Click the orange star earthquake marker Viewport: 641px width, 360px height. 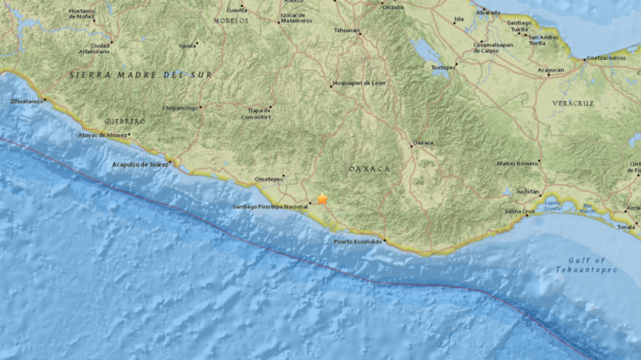pyautogui.click(x=322, y=199)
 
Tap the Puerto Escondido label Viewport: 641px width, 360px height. pyautogui.click(x=357, y=242)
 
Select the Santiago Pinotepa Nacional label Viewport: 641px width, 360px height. pyautogui.click(x=270, y=206)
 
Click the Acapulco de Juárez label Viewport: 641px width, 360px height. pyautogui.click(x=140, y=164)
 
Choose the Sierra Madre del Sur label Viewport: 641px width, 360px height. pyautogui.click(x=140, y=75)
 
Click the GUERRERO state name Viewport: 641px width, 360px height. pyautogui.click(x=125, y=121)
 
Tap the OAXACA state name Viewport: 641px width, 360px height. pyautogui.click(x=369, y=169)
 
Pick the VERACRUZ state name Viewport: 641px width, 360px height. pyautogui.click(x=572, y=103)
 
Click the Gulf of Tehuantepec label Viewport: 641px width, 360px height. pyautogui.click(x=587, y=265)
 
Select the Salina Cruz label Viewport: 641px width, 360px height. pyautogui.click(x=520, y=211)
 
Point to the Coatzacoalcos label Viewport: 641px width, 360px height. pyautogui.click(x=606, y=58)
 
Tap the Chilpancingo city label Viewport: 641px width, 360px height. pyautogui.click(x=180, y=107)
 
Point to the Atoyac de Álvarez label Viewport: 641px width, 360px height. pyautogui.click(x=103, y=135)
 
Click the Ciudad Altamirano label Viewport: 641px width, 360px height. pyautogui.click(x=91, y=49)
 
